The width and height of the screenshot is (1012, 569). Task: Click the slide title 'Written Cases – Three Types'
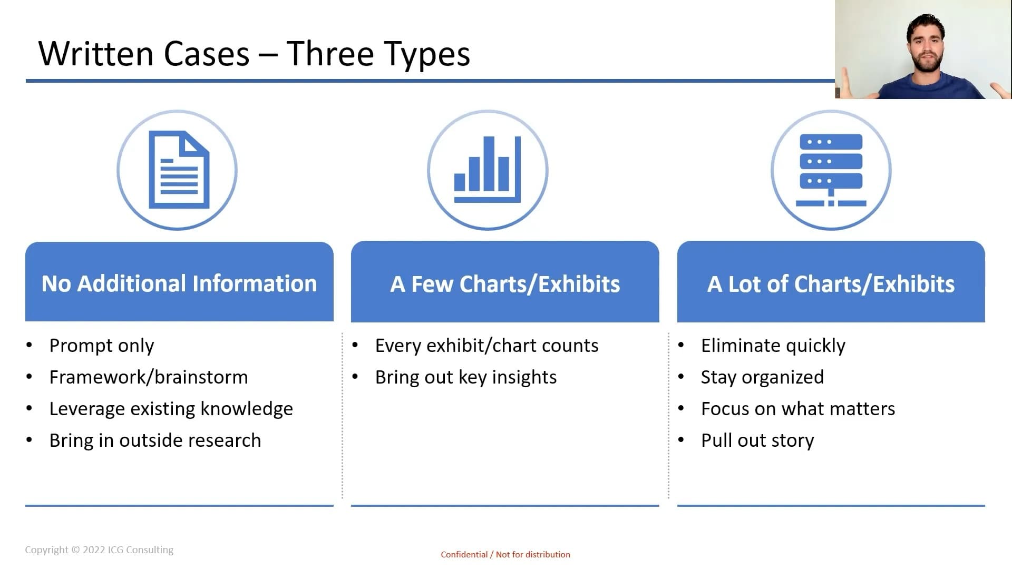[x=254, y=54]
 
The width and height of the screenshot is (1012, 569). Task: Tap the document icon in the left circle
[x=179, y=170]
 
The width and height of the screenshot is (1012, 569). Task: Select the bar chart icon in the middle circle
[x=488, y=169]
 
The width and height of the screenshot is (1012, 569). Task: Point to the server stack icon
[x=831, y=170]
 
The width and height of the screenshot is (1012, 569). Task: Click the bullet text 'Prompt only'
[x=102, y=346]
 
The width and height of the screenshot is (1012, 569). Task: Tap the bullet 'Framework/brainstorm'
[x=149, y=377]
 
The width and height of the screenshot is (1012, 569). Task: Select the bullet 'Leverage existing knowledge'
[x=171, y=409]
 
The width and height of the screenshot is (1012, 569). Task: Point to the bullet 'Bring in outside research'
[x=155, y=440]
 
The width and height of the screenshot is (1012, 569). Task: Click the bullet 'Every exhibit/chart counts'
[x=487, y=346]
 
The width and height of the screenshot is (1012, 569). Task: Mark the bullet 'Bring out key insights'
[x=466, y=377]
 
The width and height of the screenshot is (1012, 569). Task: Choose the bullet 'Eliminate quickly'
[x=773, y=346]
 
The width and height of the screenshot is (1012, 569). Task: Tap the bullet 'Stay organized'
[x=763, y=377]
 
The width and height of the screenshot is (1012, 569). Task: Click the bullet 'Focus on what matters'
[x=798, y=409]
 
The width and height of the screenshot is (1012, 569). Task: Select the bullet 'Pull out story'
[x=757, y=440]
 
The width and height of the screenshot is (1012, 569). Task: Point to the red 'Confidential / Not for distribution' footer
[x=505, y=554]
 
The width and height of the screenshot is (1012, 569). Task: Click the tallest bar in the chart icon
[x=489, y=164]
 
